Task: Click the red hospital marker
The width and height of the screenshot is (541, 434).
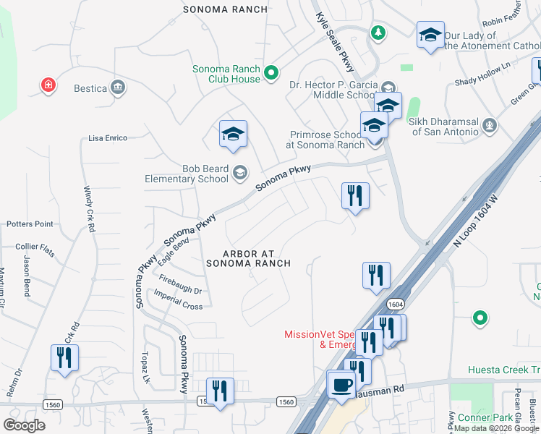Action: coord(48,86)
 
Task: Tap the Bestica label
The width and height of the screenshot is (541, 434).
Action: coord(90,89)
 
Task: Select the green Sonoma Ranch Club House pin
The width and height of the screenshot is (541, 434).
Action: coord(271,72)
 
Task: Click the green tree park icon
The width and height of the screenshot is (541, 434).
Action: coord(377,33)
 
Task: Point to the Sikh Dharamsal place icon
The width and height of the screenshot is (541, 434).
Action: coord(490,124)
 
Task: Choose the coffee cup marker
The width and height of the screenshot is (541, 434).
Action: coord(340,384)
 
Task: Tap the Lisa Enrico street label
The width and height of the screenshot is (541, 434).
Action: coord(107,137)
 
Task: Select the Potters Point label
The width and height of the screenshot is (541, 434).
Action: coord(30,224)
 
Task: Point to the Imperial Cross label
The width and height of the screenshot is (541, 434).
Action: coord(178,301)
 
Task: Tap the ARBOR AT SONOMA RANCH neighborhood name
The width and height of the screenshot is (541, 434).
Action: coord(248,258)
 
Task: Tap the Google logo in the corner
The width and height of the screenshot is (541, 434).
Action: coord(24,425)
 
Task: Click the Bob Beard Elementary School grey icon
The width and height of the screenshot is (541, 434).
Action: coord(239,174)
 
